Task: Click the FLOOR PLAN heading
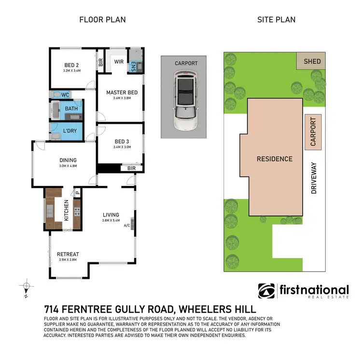(x=102, y=20)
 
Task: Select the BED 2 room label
(x=72, y=66)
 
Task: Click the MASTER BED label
(x=122, y=92)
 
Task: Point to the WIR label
(x=118, y=62)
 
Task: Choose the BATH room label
(x=71, y=109)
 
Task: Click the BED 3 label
(x=122, y=142)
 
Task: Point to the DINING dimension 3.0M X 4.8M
(x=68, y=166)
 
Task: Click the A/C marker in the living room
(x=127, y=225)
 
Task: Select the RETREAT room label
(x=68, y=254)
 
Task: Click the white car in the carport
(x=183, y=101)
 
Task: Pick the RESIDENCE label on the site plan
(x=274, y=159)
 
